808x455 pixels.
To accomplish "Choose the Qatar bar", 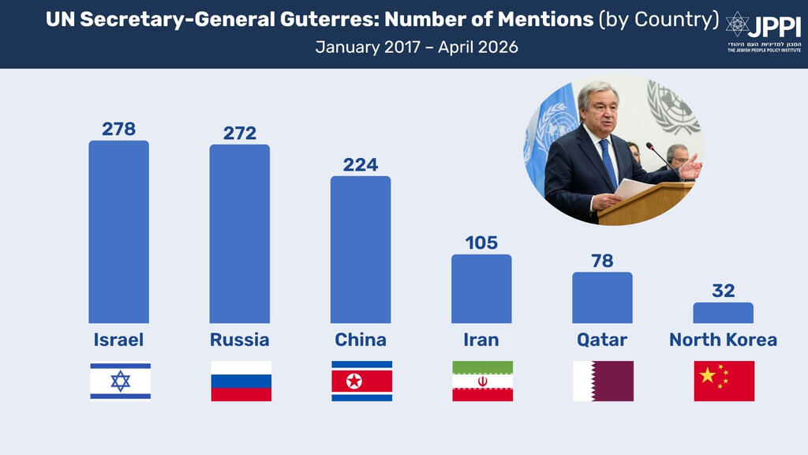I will (602, 298).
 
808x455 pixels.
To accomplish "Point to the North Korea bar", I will (723, 313).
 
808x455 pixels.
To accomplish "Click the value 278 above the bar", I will (118, 129).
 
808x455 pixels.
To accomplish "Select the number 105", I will (481, 243).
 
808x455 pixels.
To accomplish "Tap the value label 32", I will (723, 291).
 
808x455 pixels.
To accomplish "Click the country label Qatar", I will (602, 340).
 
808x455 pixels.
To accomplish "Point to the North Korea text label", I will (723, 340).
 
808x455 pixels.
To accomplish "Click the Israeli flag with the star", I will (120, 381).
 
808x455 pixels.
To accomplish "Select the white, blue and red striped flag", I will (241, 381).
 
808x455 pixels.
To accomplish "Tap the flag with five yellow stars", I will (724, 381).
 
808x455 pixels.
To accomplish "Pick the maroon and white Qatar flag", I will (603, 381).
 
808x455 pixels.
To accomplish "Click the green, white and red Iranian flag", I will (482, 381).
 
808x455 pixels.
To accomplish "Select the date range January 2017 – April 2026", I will (417, 47).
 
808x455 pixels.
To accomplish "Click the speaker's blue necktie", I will (608, 162).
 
